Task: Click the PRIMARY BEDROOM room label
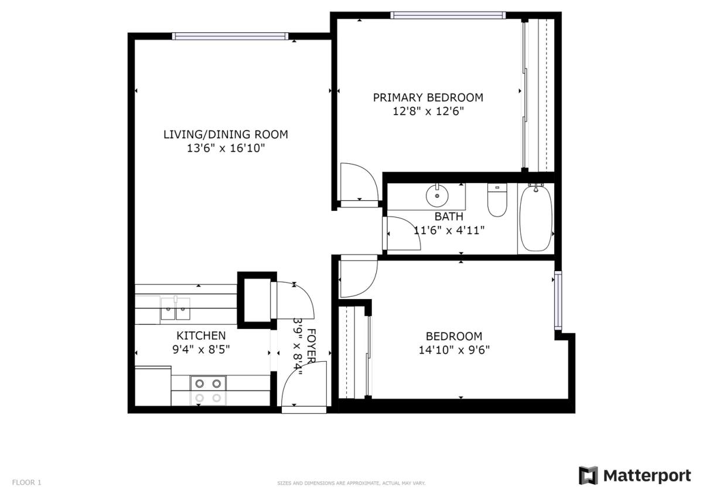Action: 428,98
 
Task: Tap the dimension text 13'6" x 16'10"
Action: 226,148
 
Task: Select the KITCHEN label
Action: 201,335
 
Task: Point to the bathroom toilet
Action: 497,200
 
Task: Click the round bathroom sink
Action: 437,196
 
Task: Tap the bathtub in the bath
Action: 535,218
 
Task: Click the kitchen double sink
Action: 175,309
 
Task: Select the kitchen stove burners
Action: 208,390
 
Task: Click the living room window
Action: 230,36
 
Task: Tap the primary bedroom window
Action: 448,15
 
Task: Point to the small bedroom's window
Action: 558,300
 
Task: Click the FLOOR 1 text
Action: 27,482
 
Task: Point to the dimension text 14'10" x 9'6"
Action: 454,349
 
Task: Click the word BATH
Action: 449,217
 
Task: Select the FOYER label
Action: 311,346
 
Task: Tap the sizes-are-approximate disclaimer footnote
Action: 351,483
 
